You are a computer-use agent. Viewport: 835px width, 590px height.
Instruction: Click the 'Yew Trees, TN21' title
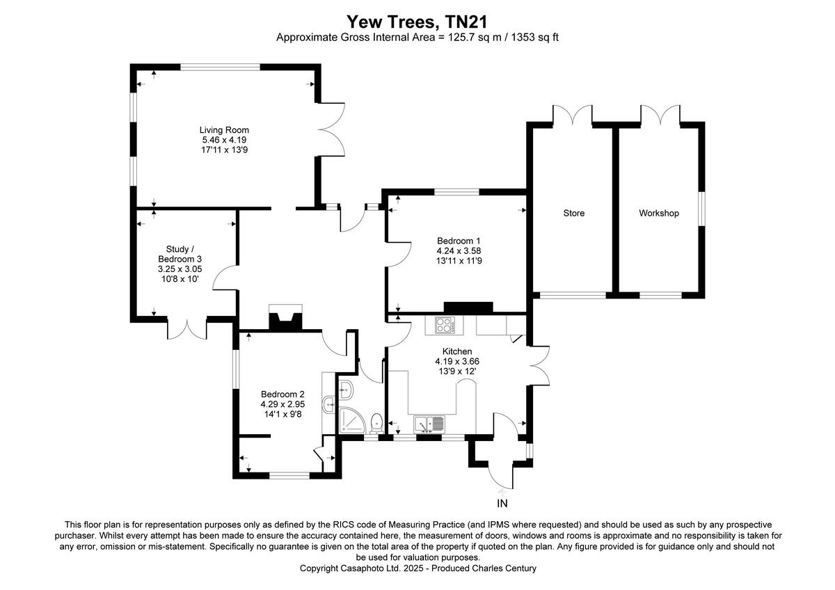(x=417, y=22)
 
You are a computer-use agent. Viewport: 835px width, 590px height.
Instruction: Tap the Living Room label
(x=224, y=130)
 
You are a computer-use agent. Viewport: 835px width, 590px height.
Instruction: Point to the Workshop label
(x=658, y=214)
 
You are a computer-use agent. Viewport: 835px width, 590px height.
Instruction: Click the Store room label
(x=574, y=214)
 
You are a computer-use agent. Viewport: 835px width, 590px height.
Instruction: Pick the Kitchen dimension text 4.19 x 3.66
(x=457, y=362)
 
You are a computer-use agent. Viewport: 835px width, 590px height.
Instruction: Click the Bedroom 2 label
(x=283, y=393)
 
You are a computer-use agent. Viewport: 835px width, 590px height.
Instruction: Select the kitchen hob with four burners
(x=444, y=325)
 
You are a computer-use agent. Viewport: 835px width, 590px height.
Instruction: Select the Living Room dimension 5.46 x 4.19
(x=224, y=140)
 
